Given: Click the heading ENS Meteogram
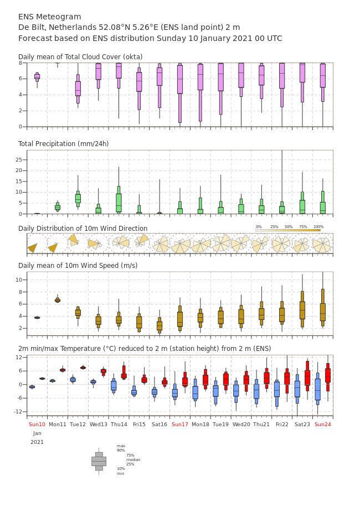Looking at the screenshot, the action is [49, 17].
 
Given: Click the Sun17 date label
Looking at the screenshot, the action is [180, 424].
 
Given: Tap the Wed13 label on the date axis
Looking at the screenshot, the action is [99, 424].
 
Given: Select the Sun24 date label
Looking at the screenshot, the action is [323, 424].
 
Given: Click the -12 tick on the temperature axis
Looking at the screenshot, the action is [18, 412].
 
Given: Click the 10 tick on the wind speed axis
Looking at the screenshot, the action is [19, 280].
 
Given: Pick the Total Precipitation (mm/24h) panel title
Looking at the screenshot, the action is [63, 144].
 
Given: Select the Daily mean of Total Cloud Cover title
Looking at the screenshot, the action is [80, 57].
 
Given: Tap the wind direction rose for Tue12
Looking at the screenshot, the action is [74, 240].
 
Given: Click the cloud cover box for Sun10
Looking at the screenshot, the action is [37, 77].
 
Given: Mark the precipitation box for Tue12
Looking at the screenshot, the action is [78, 199].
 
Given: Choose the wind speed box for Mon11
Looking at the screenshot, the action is [58, 301].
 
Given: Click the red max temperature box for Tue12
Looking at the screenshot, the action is [83, 368].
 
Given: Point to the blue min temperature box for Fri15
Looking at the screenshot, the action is [134, 391].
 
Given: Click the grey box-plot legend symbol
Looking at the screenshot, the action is [99, 462].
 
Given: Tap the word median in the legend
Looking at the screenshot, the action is [133, 460].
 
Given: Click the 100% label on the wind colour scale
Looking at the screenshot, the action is [318, 227].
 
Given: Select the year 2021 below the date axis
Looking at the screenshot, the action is [37, 442].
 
